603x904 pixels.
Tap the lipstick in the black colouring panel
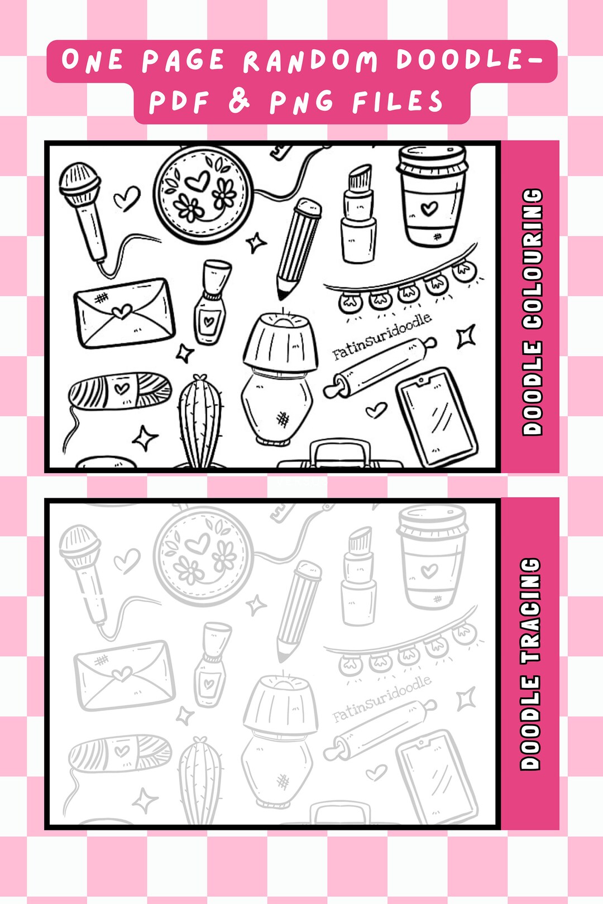[358, 215]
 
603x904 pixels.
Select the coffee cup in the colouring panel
[430, 195]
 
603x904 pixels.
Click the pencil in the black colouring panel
[299, 246]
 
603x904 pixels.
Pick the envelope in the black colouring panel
[124, 312]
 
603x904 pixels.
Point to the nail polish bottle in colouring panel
[211, 304]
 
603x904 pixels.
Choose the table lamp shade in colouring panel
[280, 340]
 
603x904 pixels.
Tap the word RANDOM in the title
[310, 60]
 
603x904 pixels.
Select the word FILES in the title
[398, 102]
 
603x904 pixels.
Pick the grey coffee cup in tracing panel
[430, 558]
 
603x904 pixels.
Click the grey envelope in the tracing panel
[124, 675]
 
